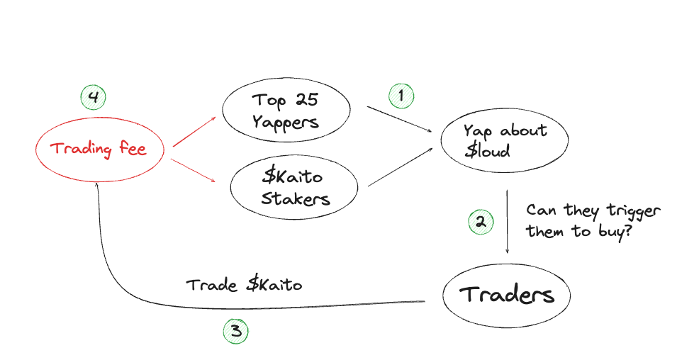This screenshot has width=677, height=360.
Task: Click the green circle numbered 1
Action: [401, 95]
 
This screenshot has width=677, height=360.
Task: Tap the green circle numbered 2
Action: [480, 222]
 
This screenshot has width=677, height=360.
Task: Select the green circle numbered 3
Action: [236, 330]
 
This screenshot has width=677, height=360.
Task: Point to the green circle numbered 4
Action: [92, 97]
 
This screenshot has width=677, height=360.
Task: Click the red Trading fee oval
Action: [100, 150]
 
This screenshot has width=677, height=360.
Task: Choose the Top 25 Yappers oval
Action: [286, 111]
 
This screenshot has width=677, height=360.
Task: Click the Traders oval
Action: [506, 294]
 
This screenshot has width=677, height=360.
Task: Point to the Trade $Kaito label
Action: [244, 285]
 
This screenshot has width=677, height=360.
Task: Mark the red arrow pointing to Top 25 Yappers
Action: [194, 133]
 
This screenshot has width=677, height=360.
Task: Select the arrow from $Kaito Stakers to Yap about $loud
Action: [401, 167]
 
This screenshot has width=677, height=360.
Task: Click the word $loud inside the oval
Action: [487, 150]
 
